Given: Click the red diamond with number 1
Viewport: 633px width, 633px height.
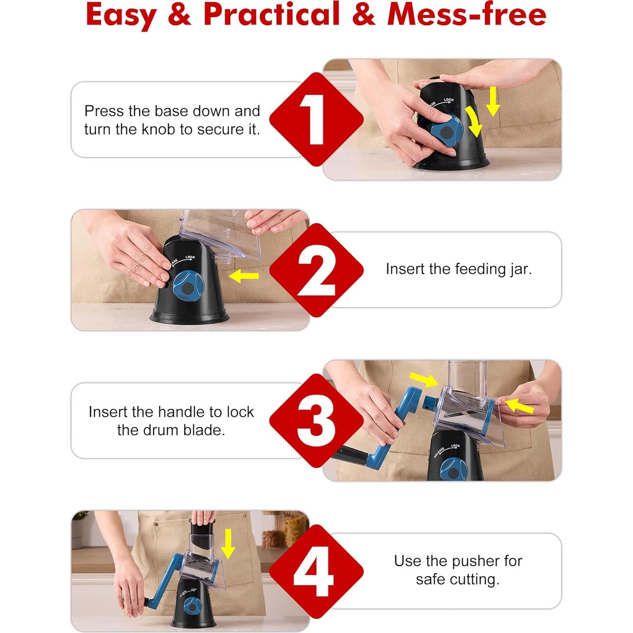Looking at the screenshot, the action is click(x=316, y=119).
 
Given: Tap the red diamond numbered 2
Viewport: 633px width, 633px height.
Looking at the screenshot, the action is click(x=316, y=270).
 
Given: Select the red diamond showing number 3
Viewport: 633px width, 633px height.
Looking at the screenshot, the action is click(x=316, y=421).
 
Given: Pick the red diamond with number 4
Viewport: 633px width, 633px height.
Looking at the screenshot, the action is click(x=316, y=571).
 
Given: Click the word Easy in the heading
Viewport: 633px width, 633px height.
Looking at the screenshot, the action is click(x=121, y=15).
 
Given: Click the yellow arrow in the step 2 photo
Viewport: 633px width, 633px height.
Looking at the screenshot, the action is click(x=243, y=277).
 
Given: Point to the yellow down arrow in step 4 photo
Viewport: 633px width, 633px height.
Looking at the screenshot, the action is click(x=228, y=544).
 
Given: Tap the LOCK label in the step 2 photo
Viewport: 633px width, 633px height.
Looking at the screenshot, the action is click(x=190, y=257).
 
